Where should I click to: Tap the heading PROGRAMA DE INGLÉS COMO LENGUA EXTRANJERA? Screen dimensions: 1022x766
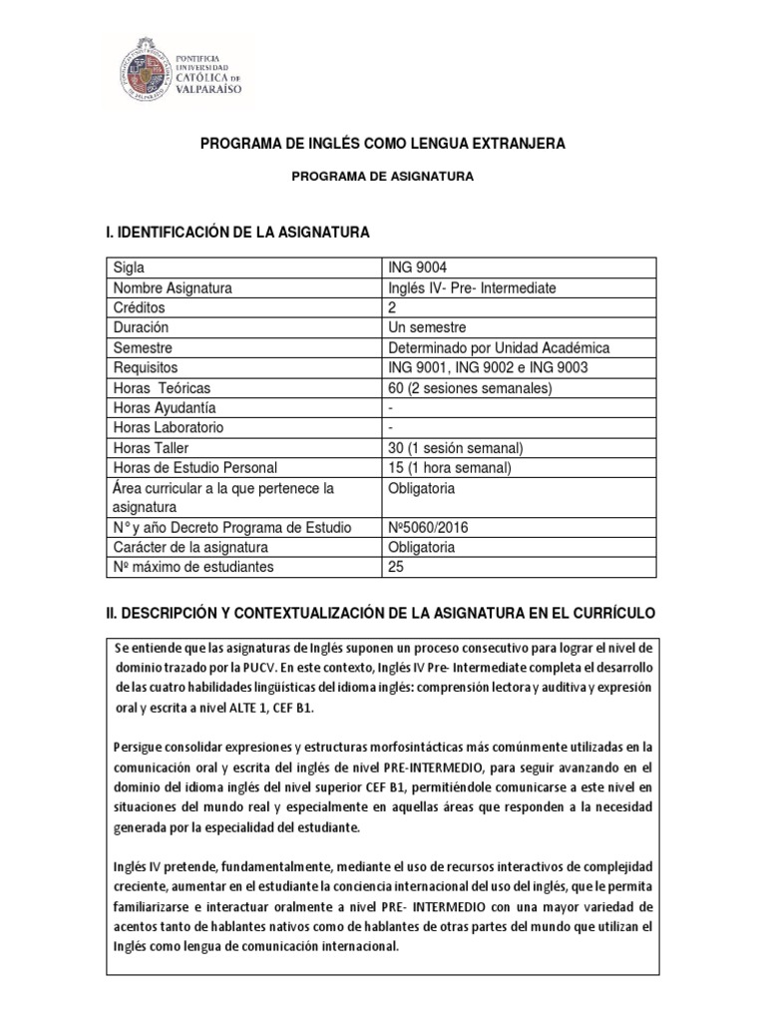(x=383, y=144)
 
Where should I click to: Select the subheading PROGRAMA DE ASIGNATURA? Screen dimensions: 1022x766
(x=383, y=177)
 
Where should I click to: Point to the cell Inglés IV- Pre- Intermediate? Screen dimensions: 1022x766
(x=471, y=288)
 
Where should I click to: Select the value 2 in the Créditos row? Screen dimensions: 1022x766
(x=391, y=308)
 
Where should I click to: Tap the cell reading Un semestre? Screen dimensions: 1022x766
(x=426, y=327)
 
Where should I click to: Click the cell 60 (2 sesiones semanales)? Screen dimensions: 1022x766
(x=469, y=387)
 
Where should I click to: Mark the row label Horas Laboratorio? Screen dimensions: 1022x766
(x=169, y=427)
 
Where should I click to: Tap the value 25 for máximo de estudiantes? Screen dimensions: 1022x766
(x=395, y=567)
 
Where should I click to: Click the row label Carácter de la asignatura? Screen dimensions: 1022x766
(x=191, y=547)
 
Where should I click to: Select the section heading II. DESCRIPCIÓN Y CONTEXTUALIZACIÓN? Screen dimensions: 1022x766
(x=382, y=611)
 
